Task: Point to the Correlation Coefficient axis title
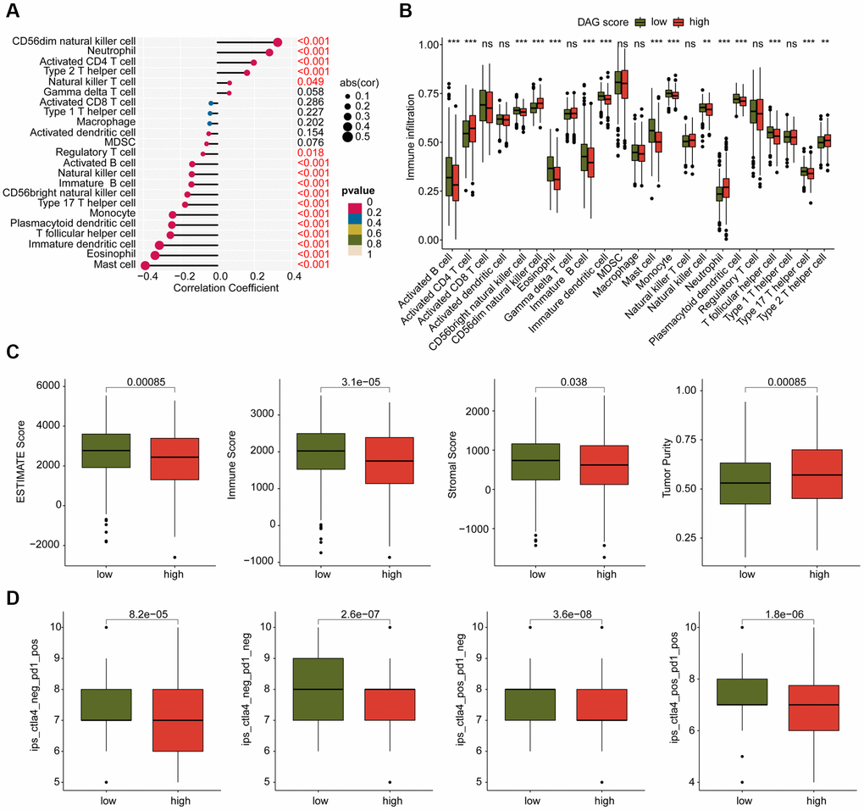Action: tap(226, 289)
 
